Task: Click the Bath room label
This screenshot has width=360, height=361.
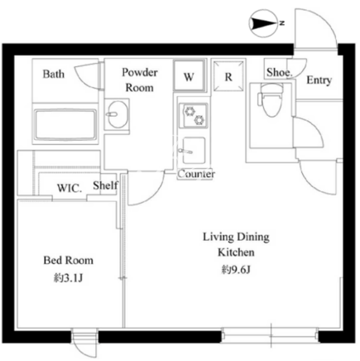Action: coord(54,74)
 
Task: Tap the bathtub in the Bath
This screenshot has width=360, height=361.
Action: coord(65,124)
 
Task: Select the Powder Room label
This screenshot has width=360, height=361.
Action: coord(140,80)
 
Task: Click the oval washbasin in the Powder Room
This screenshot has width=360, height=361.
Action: coord(118,114)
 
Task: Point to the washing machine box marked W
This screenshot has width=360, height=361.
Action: coord(190,76)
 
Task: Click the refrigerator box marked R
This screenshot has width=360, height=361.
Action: coord(228,75)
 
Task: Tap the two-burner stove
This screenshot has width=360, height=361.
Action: coord(194,115)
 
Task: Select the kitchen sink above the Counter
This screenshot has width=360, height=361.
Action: coord(194,151)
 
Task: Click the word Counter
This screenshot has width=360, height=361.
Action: coord(196,174)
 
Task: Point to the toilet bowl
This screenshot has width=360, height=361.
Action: coord(271,100)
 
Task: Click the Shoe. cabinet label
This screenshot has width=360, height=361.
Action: coord(279,73)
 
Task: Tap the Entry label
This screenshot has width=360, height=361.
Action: coord(319,80)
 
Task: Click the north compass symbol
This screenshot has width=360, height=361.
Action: coord(263,23)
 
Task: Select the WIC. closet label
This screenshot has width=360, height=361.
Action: coord(70,188)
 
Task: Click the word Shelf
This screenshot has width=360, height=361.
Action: coord(105,185)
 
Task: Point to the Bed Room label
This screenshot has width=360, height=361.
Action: coord(69,260)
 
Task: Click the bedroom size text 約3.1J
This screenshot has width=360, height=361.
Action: coord(68,278)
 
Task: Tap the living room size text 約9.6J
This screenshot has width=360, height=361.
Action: coord(236,269)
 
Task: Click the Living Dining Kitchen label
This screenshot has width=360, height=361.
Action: coord(236,244)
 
